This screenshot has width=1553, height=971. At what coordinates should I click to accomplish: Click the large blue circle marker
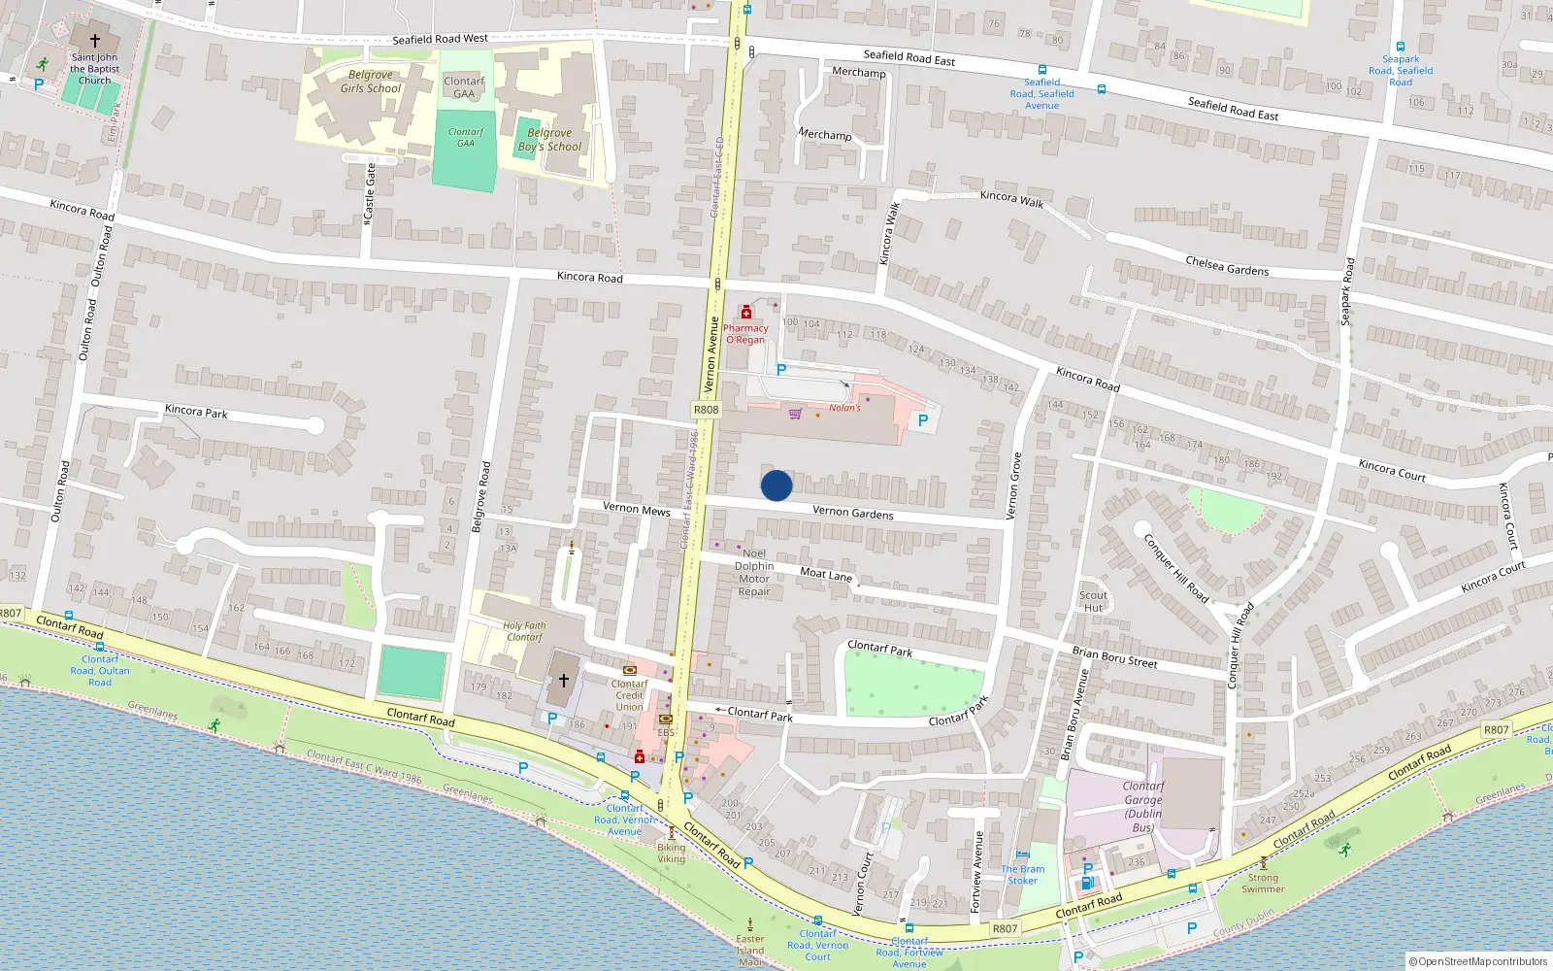(x=776, y=485)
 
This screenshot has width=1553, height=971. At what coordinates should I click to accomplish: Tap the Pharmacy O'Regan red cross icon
(x=745, y=313)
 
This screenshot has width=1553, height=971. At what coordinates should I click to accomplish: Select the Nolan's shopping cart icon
(x=796, y=414)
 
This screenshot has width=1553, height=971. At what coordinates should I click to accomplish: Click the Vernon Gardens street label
(x=852, y=512)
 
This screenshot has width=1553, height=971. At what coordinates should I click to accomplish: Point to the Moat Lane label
(x=826, y=575)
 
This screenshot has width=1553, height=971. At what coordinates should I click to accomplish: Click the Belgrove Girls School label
(x=370, y=82)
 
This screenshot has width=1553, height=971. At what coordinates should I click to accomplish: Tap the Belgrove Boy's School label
(x=549, y=140)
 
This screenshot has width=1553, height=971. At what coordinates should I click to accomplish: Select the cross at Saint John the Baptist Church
(x=95, y=41)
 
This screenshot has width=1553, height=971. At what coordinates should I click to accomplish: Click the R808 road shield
(x=706, y=410)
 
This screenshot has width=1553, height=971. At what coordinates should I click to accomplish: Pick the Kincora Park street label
(x=196, y=412)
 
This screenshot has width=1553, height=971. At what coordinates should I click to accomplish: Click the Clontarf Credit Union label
(x=629, y=695)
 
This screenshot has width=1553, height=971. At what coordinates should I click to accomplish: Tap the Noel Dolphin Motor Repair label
(x=754, y=572)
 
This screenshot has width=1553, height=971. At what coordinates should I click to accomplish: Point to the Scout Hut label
(x=1093, y=602)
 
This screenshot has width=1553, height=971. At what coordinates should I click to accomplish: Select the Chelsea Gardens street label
(x=1227, y=266)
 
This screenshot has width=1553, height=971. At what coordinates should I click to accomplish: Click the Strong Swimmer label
(x=1263, y=883)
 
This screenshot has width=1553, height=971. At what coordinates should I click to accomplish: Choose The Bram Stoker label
(x=1023, y=875)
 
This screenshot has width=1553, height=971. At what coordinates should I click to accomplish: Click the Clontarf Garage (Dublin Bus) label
(x=1142, y=807)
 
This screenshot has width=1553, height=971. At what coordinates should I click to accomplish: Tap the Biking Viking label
(x=671, y=853)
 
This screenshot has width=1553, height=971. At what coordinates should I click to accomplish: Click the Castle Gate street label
(x=370, y=191)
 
